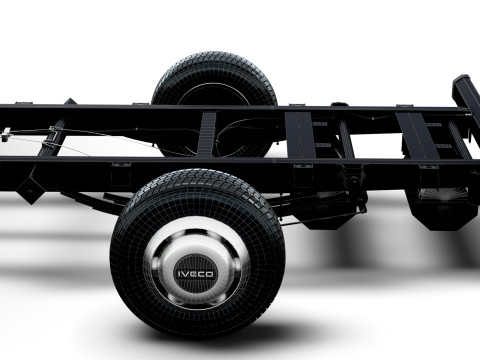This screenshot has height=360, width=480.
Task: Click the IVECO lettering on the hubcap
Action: [x=196, y=274]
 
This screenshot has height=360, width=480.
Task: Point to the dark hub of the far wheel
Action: [x=214, y=95]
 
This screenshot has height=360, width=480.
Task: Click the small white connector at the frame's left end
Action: [x=6, y=135]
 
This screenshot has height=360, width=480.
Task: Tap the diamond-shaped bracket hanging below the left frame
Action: [x=30, y=189]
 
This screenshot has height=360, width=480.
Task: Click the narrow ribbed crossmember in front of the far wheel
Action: [x=207, y=134]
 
